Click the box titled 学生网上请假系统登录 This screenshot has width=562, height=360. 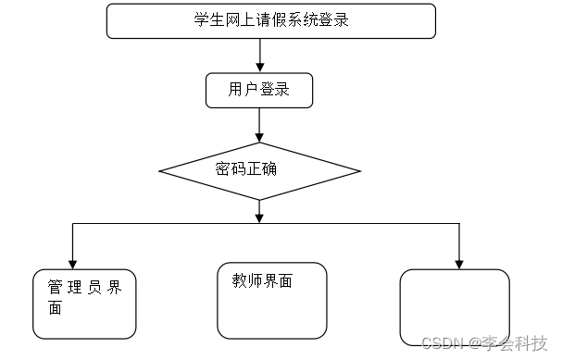click(x=270, y=21)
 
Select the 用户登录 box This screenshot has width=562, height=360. click(x=259, y=91)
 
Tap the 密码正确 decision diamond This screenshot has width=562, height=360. click(x=259, y=171)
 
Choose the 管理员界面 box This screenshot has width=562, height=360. click(x=84, y=304)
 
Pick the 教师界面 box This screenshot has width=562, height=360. click(x=272, y=301)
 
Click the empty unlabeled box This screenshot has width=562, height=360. click(x=455, y=307)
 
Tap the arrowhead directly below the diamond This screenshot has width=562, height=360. click(x=259, y=217)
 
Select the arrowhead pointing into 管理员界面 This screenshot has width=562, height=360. click(x=72, y=263)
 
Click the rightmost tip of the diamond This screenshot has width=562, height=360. click(x=359, y=171)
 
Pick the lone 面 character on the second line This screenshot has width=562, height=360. click(x=55, y=308)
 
